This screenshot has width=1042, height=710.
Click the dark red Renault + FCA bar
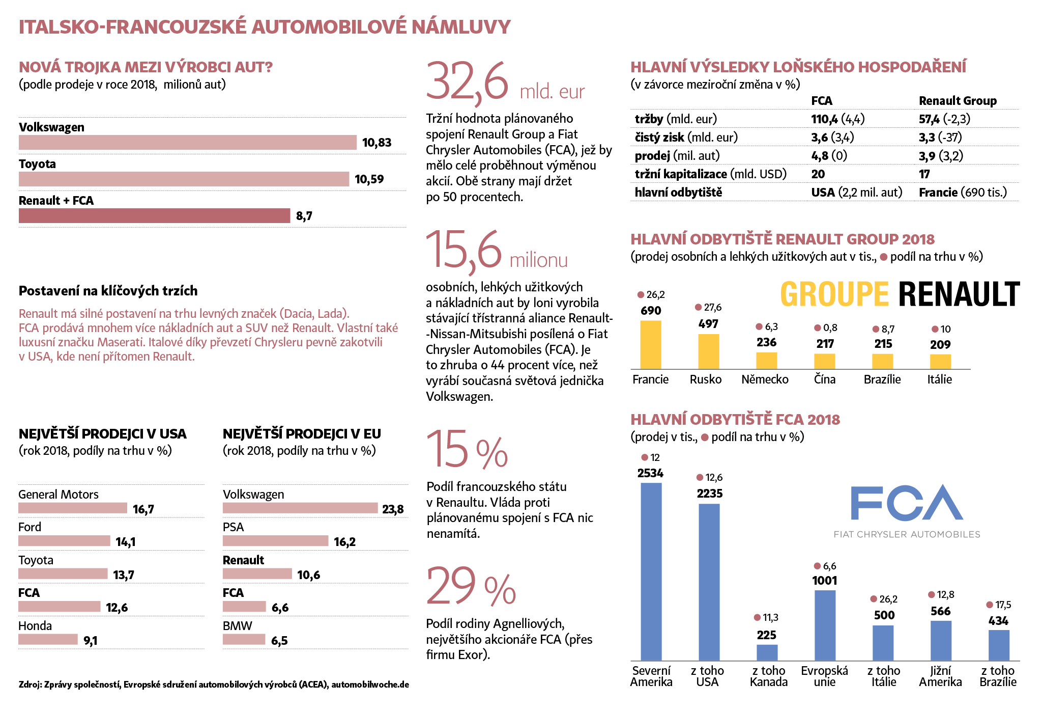coord(154,215)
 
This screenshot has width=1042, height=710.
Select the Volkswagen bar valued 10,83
coord(187,143)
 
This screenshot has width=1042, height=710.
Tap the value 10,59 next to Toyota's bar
coord(369,179)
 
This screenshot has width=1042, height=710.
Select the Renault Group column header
coord(958,101)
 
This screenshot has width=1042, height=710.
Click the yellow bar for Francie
coord(650,344)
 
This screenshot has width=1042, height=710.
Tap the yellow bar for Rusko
coord(708,351)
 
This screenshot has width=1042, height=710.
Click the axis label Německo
coord(765,379)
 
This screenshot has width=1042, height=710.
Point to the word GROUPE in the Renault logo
coord(834,295)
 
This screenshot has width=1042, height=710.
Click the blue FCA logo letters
coord(907,503)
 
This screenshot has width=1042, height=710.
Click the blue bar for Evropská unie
coord(825,625)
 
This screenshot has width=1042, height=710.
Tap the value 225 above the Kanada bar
coord(766,635)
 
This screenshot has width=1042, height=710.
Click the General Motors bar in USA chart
coord(73,508)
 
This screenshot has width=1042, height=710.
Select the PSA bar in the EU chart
coord(275,541)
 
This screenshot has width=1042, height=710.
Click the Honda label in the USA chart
coord(35,626)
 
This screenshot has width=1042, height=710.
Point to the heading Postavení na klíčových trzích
coord(108,291)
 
